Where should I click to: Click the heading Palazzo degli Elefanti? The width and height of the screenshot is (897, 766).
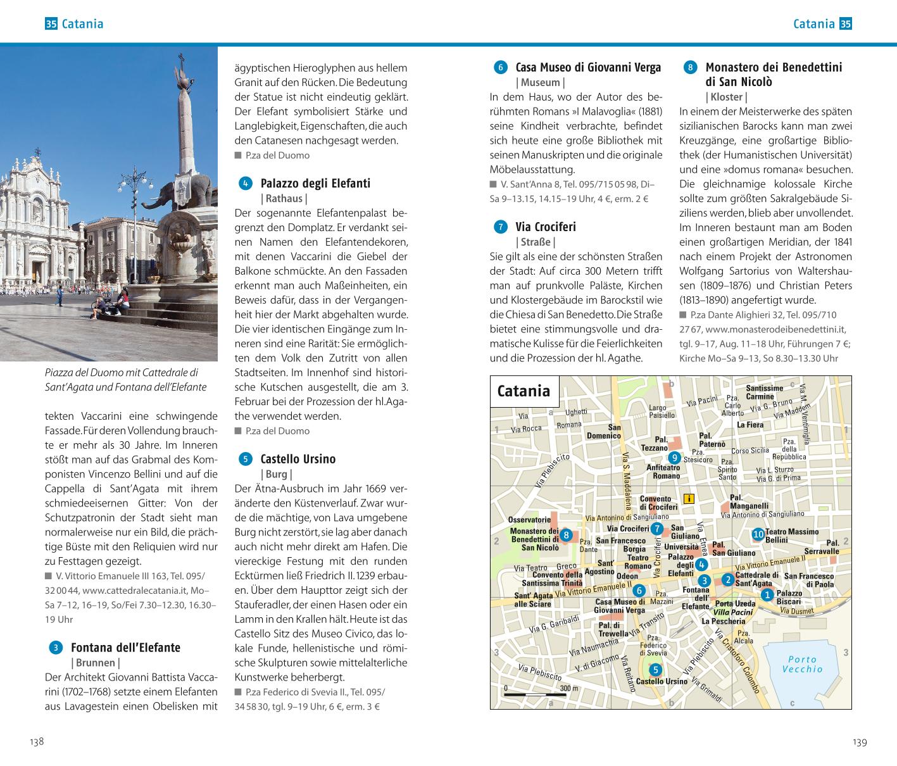click(315, 184)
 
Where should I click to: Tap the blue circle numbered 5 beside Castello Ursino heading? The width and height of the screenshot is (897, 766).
click(246, 459)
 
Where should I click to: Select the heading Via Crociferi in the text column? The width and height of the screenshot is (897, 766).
click(546, 227)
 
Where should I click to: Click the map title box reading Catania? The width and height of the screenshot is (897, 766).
click(524, 391)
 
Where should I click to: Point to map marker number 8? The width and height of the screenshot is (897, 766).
click(567, 535)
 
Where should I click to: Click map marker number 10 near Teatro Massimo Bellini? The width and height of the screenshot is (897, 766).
click(758, 534)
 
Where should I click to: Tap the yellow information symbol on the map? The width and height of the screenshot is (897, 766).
click(689, 498)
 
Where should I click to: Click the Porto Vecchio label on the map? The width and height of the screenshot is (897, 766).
click(802, 664)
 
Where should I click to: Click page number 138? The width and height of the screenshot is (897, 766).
click(37, 742)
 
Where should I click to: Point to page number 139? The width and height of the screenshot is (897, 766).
click(860, 742)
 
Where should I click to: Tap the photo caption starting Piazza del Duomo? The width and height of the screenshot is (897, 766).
click(125, 380)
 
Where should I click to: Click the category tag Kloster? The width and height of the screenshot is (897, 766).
click(726, 97)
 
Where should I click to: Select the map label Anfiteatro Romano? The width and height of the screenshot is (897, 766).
click(663, 472)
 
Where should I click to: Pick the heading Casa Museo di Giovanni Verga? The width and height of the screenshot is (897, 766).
click(588, 67)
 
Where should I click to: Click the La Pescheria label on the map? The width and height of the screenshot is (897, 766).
click(724, 621)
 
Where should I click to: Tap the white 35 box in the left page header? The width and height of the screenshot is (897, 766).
click(51, 24)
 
